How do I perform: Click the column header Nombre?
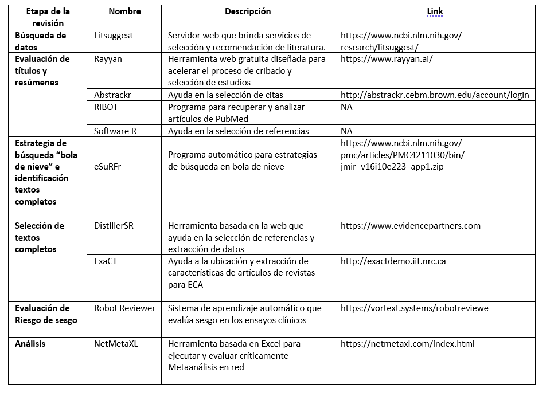[124, 11]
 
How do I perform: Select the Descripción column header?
[247, 11]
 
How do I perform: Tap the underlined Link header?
[434, 11]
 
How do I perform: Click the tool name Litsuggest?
[114, 36]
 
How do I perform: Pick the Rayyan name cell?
[108, 59]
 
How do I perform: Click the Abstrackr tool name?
[113, 95]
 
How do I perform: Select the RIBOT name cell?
[107, 107]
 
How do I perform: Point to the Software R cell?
[115, 131]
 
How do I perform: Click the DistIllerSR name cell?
[114, 226]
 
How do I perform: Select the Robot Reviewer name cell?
[124, 308]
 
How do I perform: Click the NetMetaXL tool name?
[116, 344]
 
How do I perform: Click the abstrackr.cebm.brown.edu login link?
[434, 95]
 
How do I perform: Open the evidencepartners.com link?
[410, 226]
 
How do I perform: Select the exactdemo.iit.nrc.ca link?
[393, 261]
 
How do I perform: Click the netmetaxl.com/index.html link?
[407, 344]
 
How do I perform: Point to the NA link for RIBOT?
[346, 107]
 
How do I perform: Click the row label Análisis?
[30, 344]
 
